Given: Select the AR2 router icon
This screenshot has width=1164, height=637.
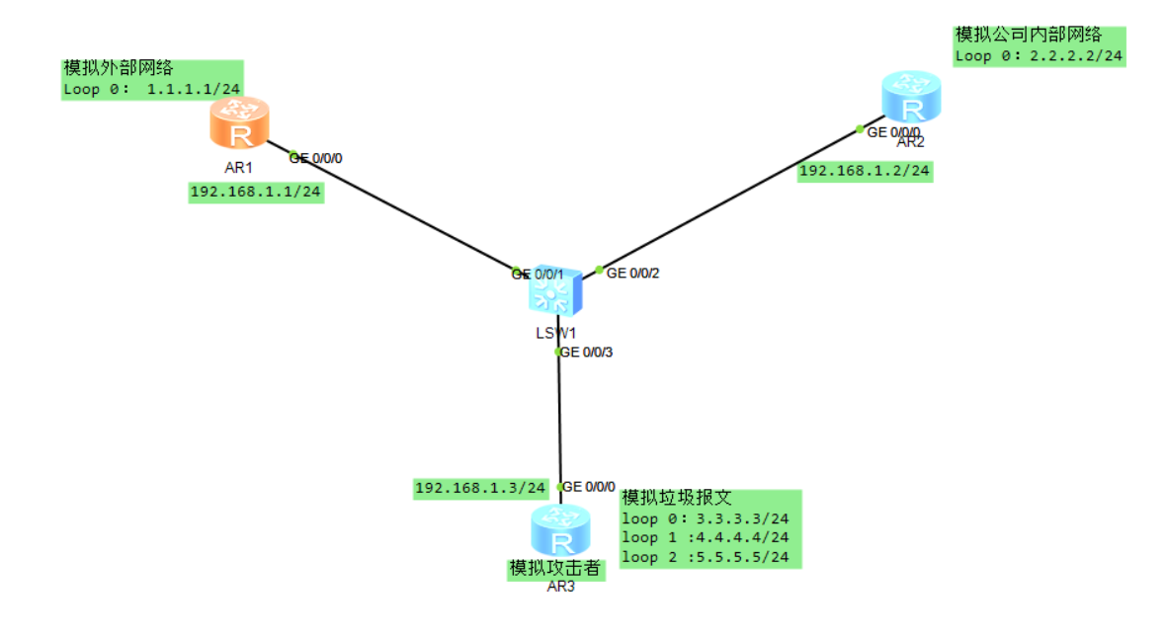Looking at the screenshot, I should pos(910,98).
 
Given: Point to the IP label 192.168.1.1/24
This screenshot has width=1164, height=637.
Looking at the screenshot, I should pos(256,192).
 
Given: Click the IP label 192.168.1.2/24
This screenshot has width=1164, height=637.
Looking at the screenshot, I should pos(865,171).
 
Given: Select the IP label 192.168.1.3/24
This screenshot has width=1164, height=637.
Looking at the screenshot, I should pos(480,488).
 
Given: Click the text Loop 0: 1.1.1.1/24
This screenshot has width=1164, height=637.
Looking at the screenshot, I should pos(152,89).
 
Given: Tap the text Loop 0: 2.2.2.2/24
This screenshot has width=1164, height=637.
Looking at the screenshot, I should pos(1039,55).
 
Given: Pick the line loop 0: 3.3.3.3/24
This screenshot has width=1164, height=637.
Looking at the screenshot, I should pos(706,518).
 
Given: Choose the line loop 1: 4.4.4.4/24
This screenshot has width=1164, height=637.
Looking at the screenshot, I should pos(706,537).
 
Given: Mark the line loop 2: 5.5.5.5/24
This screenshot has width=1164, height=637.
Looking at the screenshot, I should pos(706,557).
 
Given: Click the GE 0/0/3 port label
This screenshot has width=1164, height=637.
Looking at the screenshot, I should pos(587,352).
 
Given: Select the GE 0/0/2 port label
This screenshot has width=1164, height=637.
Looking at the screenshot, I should pos(632,273).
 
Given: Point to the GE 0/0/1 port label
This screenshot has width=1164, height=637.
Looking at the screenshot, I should pos(538,274).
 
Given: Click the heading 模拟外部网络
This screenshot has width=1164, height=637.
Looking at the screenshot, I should pos(119,68).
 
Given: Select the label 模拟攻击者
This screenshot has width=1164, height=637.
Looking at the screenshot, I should pos(554,569).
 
